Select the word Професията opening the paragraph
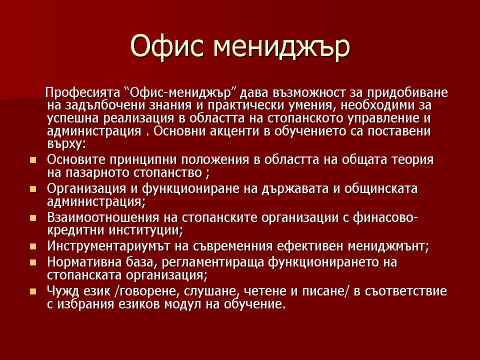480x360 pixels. point(82,92)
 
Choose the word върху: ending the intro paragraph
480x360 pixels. point(66,144)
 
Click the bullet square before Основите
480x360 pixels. point(33,160)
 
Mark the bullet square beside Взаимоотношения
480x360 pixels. point(33,218)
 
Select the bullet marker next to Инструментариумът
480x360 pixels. point(33,246)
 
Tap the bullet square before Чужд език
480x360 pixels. point(33,291)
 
